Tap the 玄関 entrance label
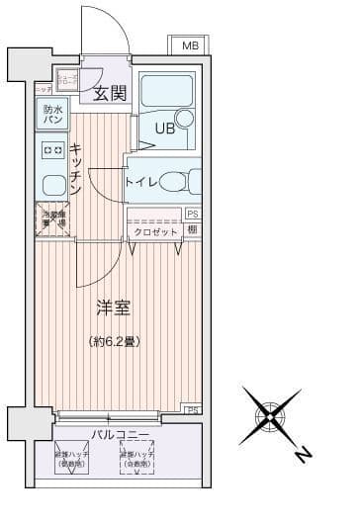(x=109, y=94)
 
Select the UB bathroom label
(x=165, y=128)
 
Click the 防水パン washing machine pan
(x=51, y=115)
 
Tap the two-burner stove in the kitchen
(x=51, y=149)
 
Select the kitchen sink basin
(x=51, y=183)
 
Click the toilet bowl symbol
(x=178, y=182)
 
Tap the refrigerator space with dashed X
(x=52, y=219)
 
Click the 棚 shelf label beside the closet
(x=192, y=230)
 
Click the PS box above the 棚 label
(x=192, y=214)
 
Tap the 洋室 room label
(x=111, y=307)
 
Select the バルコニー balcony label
(x=121, y=434)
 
